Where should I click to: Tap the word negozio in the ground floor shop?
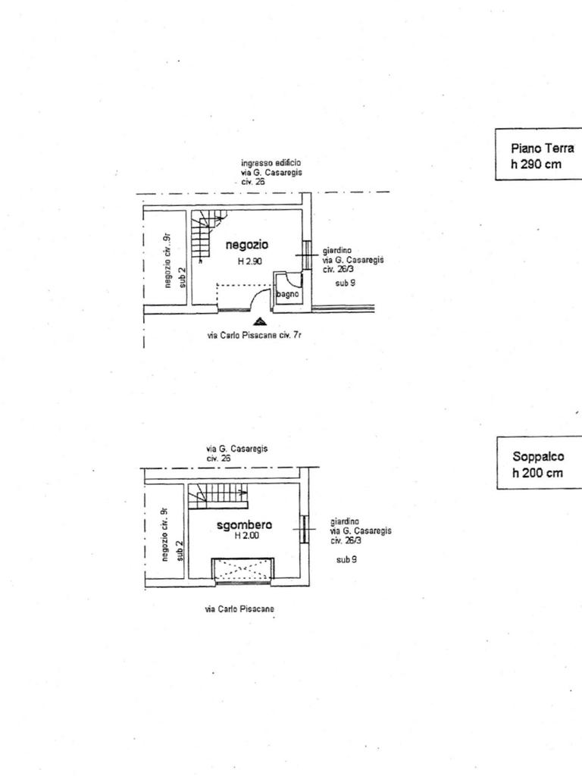[247, 245]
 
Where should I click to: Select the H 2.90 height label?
[249, 261]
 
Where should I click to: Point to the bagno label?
[288, 294]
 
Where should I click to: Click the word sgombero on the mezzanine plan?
[244, 524]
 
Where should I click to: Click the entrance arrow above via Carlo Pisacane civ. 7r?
[260, 323]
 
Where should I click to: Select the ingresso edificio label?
[271, 163]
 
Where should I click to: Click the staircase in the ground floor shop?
[206, 236]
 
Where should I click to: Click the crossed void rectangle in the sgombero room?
[242, 570]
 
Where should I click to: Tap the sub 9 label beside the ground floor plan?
[346, 282]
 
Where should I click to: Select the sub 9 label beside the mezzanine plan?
[347, 559]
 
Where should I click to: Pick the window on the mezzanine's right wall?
[304, 529]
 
